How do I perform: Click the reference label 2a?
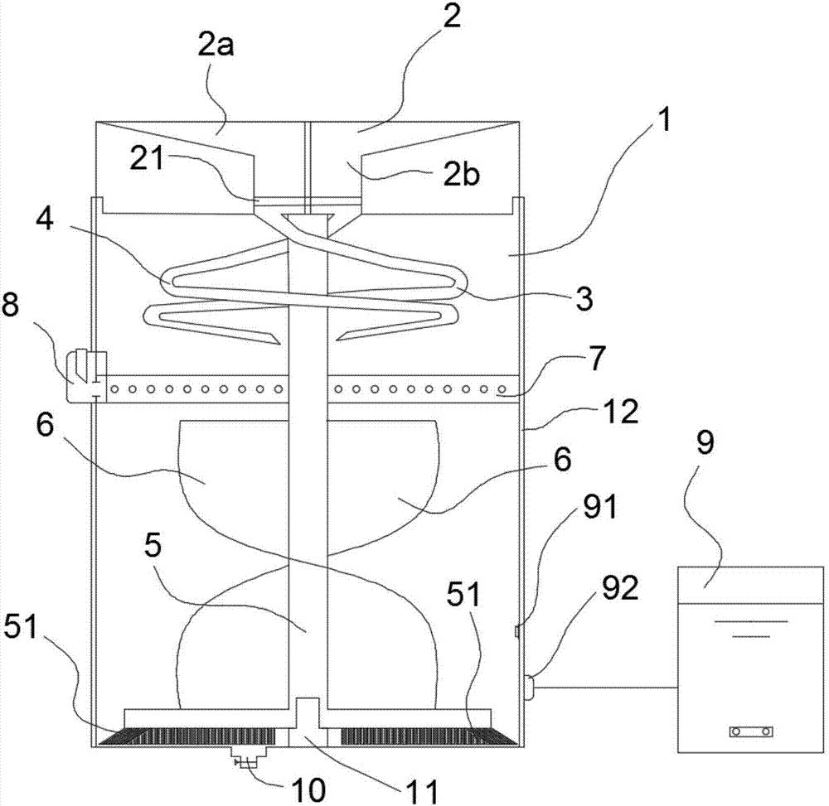pyautogui.click(x=216, y=46)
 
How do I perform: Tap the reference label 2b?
pyautogui.click(x=462, y=175)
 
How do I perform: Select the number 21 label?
pyautogui.click(x=148, y=160)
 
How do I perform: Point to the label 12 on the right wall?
pyautogui.click(x=621, y=411)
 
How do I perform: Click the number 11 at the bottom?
pyautogui.click(x=423, y=792)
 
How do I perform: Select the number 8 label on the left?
pyautogui.click(x=10, y=305)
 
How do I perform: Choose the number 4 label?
pyautogui.click(x=46, y=219)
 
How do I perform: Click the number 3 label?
pyautogui.click(x=584, y=299)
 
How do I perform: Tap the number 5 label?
pyautogui.click(x=153, y=548)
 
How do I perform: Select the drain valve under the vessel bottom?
pyautogui.click(x=243, y=759)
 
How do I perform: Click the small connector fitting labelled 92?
pyautogui.click(x=528, y=687)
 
